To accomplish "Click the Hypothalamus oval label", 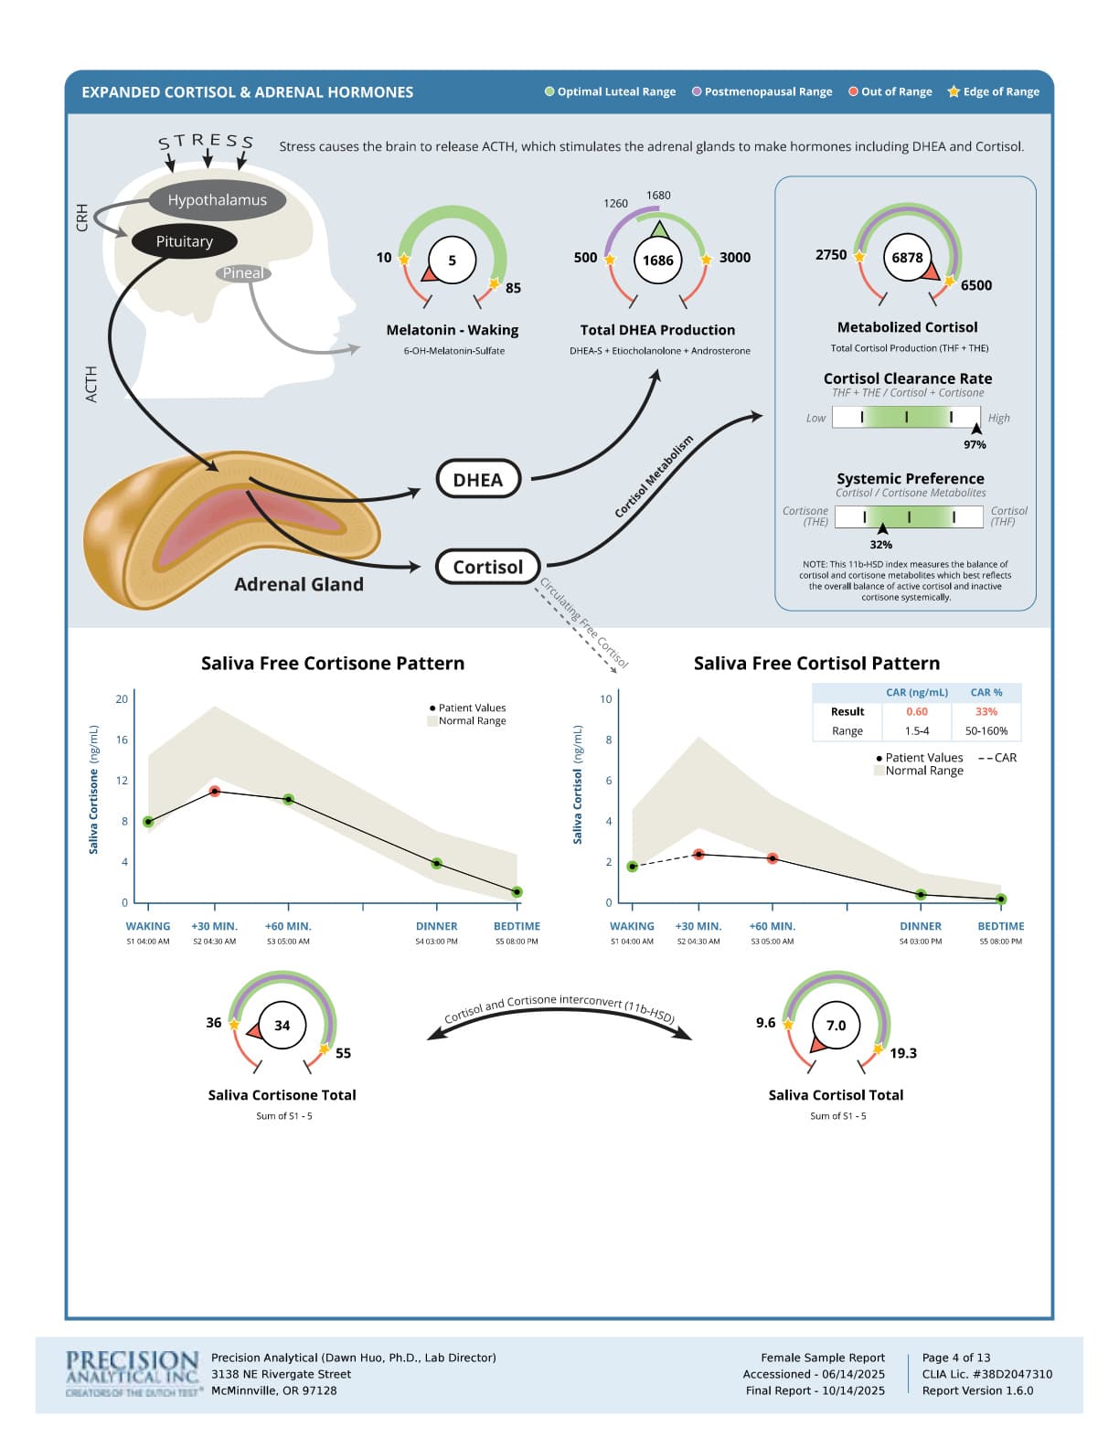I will (x=217, y=200).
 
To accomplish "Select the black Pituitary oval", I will (x=184, y=241).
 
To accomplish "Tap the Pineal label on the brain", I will (x=243, y=272).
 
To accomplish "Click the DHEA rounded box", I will (x=477, y=480).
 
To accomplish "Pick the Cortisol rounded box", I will (x=487, y=567).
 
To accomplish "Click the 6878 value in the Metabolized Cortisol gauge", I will (x=907, y=258).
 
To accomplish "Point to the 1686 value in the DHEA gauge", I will (x=657, y=261).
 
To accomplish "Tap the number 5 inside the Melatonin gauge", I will (x=452, y=261).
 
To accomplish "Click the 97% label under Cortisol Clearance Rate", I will (x=975, y=444).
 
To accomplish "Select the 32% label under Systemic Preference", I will (x=880, y=545).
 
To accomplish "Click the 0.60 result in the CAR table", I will (x=916, y=711).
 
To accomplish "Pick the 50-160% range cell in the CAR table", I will (x=986, y=730).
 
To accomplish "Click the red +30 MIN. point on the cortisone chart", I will (x=215, y=791).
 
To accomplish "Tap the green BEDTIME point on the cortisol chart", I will (x=1001, y=899).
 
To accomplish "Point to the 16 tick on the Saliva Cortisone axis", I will (x=122, y=740).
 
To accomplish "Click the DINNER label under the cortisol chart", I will (x=921, y=926).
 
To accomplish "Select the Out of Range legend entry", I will (x=890, y=91).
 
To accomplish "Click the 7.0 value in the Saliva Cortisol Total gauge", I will (x=836, y=1026).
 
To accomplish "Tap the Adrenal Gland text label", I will (x=298, y=584).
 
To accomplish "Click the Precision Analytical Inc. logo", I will (x=133, y=1372).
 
